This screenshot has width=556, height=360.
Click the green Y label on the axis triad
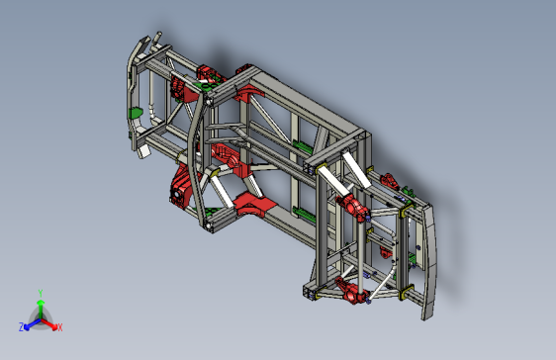point(40,293)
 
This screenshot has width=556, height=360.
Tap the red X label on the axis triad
point(59,327)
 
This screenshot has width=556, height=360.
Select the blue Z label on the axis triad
point(21,327)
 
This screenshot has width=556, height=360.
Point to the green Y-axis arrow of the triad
point(40,306)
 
